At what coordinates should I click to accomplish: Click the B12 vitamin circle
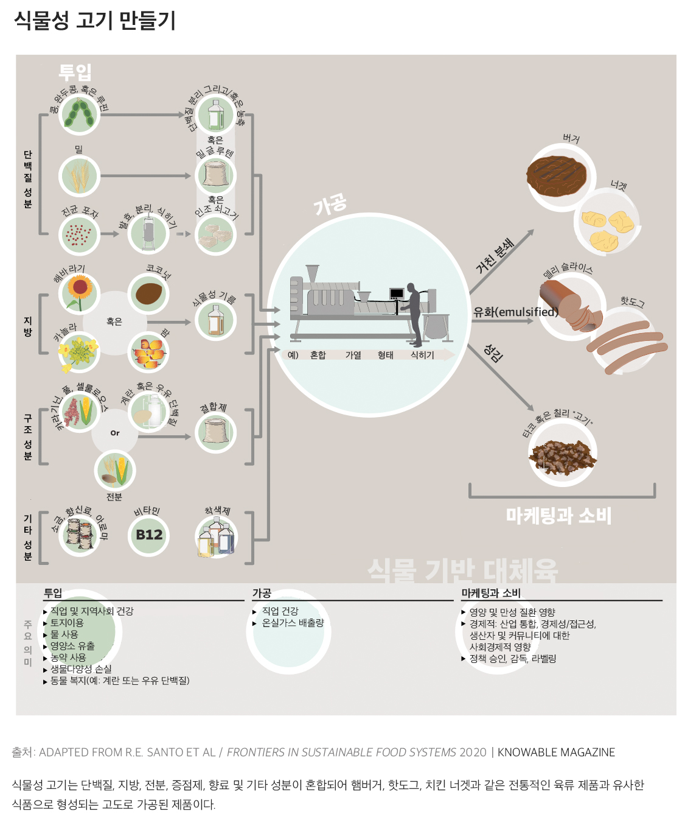tap(149, 535)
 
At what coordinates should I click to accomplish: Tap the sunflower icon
tap(79, 292)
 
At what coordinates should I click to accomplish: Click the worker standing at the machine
tap(414, 312)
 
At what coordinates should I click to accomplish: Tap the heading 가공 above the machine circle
tap(330, 205)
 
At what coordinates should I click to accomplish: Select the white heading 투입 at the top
tap(75, 72)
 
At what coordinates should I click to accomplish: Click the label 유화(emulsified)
tap(515, 312)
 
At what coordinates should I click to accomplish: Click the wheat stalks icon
tap(79, 176)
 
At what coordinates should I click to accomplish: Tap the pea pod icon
tap(79, 114)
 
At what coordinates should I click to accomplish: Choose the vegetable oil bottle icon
tap(215, 320)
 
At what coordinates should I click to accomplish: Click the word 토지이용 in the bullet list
tap(67, 623)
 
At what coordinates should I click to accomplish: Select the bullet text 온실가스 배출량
tap(293, 623)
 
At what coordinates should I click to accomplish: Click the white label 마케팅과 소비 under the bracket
tap(558, 516)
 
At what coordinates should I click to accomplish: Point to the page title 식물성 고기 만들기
tap(95, 21)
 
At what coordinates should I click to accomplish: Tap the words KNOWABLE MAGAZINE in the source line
tap(556, 752)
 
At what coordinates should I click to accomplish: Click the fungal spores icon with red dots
tap(79, 234)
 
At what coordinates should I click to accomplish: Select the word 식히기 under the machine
tap(422, 355)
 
